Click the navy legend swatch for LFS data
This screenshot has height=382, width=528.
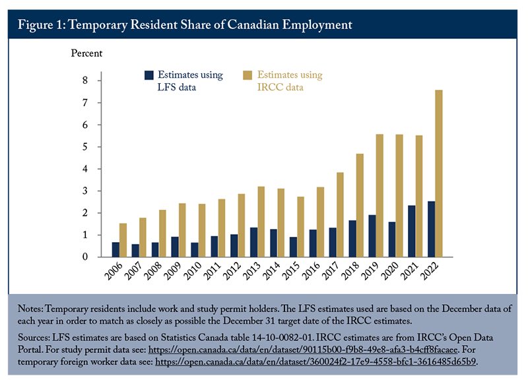[x=150, y=76]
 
